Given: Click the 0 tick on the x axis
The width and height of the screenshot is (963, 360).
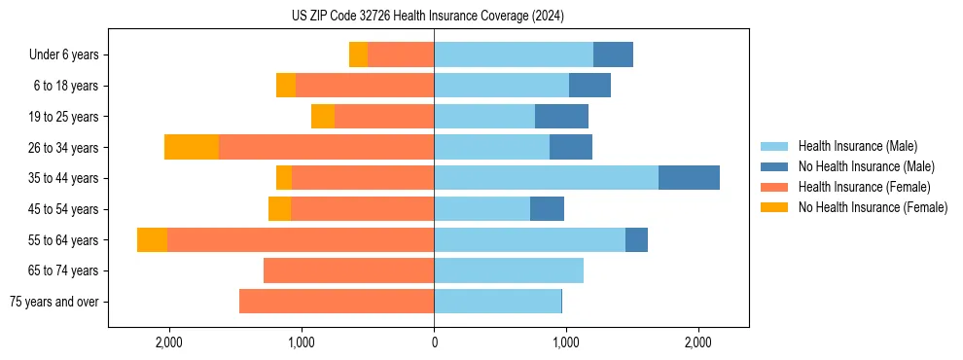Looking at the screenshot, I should click(434, 342).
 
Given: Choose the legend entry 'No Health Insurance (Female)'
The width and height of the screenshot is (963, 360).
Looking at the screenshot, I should click(873, 207).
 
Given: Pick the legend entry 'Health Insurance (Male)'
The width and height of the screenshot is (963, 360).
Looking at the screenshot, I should click(857, 146).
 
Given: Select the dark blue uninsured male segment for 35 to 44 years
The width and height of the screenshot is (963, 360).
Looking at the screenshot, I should click(689, 178).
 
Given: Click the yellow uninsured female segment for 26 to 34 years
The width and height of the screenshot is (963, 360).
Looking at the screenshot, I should click(192, 147).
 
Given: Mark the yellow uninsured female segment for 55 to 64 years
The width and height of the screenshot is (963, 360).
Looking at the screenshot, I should click(152, 239).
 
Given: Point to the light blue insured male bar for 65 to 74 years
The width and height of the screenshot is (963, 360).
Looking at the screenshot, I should click(509, 270).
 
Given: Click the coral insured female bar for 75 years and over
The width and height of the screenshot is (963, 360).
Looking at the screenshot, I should click(337, 302).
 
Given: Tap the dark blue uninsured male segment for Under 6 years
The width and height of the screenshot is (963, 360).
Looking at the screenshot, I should click(613, 54).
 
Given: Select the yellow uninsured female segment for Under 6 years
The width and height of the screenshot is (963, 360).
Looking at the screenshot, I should click(358, 54).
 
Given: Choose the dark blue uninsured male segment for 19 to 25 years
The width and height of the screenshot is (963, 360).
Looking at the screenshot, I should click(561, 117).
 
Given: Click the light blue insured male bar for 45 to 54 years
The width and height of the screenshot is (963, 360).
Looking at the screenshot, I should click(481, 209).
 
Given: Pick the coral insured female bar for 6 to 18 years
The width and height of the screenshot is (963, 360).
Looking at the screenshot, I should click(365, 86).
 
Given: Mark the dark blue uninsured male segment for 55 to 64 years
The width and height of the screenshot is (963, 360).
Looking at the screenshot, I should click(636, 239).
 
